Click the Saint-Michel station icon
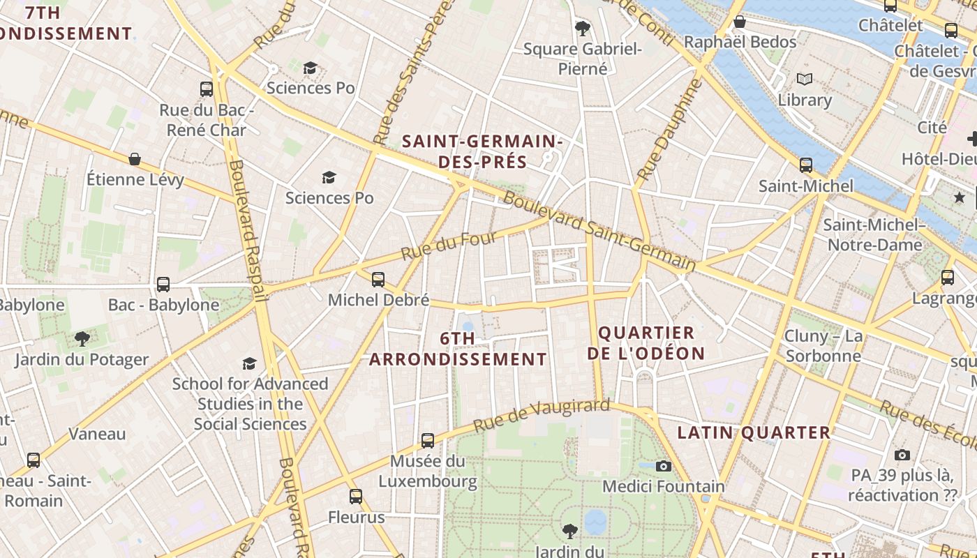pyautogui.click(x=806, y=165)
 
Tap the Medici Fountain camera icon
pyautogui.click(x=663, y=466)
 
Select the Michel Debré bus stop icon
pyautogui.click(x=378, y=280)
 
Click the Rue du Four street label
pyautogui.click(x=449, y=245)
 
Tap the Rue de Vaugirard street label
pyautogui.click(x=542, y=416)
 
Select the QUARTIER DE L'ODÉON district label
pyautogui.click(x=646, y=343)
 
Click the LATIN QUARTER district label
pyautogui.click(x=754, y=432)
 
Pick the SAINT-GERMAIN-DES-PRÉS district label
pyautogui.click(x=482, y=151)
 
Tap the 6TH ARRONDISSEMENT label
pyautogui.click(x=458, y=349)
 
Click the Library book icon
pyautogui.click(x=805, y=80)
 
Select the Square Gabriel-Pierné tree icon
pyautogui.click(x=582, y=29)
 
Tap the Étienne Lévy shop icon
pyautogui.click(x=135, y=159)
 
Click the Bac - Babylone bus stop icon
pyautogui.click(x=163, y=284)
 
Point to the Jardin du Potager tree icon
pyautogui.click(x=82, y=339)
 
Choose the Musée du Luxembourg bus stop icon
pyautogui.click(x=428, y=441)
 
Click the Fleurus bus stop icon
pyautogui.click(x=356, y=497)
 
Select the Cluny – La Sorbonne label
pyautogui.click(x=823, y=346)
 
